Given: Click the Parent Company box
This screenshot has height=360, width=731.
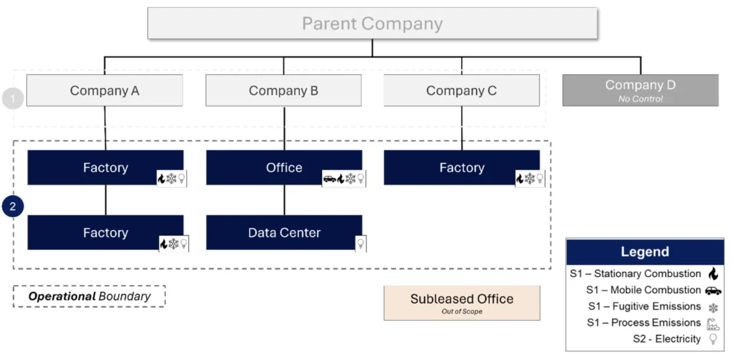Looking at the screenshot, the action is coord(372,24).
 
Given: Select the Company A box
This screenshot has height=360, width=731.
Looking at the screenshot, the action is coord(104,91).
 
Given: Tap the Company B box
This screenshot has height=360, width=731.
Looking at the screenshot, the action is coord(283,91).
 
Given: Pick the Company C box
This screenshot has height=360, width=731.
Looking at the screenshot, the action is coord(462,91).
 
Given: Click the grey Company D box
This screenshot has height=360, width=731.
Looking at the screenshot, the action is coord(640,91).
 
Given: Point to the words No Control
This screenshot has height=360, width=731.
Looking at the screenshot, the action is coord(640,99).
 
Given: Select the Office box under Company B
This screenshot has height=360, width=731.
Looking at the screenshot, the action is coord(284,167).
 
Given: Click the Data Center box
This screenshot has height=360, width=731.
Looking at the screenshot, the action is coord(284,232).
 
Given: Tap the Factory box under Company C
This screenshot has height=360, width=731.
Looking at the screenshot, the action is coord(462,167).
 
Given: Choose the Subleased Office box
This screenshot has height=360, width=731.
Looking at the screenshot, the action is coord(462,303).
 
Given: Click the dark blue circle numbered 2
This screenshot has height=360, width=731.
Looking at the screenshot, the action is coord(13,206).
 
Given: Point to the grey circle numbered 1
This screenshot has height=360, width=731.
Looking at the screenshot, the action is coord(13,99).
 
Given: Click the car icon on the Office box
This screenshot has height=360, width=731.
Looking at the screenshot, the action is coord(330,179).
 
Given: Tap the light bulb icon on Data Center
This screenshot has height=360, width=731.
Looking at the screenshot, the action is coord(361,243).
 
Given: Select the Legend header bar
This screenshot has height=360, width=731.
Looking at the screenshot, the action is coord(645,252).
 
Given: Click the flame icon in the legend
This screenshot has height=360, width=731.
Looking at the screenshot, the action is coord(713,274).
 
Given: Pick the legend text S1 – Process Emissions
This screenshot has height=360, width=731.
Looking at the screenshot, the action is coord(644,323).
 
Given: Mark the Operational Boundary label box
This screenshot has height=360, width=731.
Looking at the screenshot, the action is coord(89,296).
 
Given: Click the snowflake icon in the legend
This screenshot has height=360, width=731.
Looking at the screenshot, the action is coord(713,308).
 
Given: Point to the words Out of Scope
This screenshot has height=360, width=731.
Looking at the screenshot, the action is coord(462,311).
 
